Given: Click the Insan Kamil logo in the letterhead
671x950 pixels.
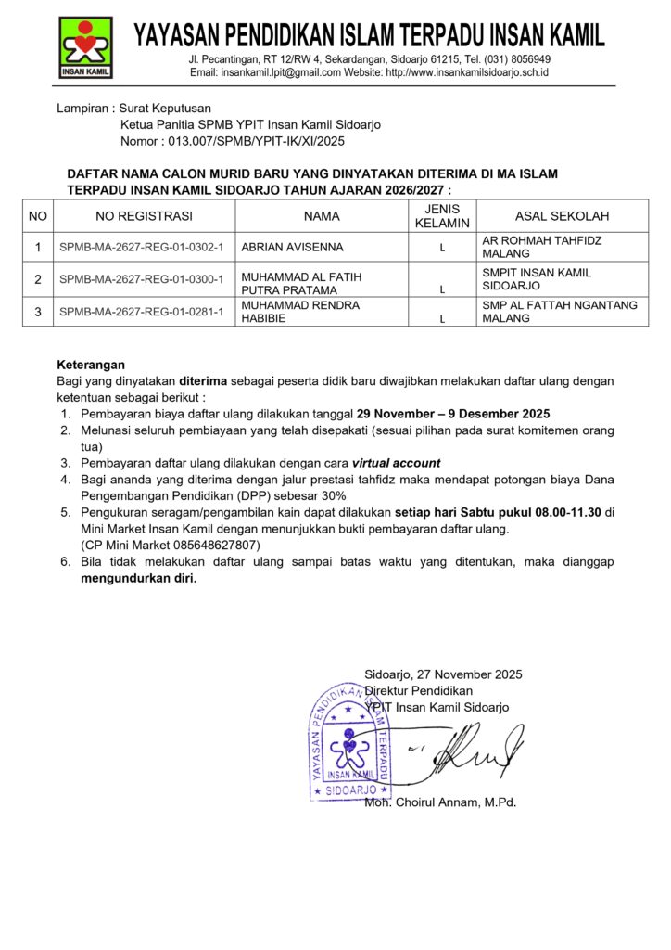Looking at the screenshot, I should (86, 46).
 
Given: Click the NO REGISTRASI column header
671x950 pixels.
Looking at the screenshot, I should (145, 216).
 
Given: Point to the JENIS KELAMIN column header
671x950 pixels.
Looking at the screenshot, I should (442, 216).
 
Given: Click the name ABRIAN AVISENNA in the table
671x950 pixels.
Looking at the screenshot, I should (292, 248).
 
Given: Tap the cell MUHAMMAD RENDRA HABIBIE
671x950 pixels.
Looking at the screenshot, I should (300, 312).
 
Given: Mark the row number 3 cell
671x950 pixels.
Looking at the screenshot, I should (38, 312).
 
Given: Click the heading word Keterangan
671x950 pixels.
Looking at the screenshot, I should (91, 365).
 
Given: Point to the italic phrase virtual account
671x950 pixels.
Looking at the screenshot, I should (396, 463).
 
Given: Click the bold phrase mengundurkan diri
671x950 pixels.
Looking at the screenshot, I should (139, 578).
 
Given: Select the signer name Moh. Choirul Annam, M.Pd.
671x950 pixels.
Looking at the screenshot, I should (440, 802).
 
